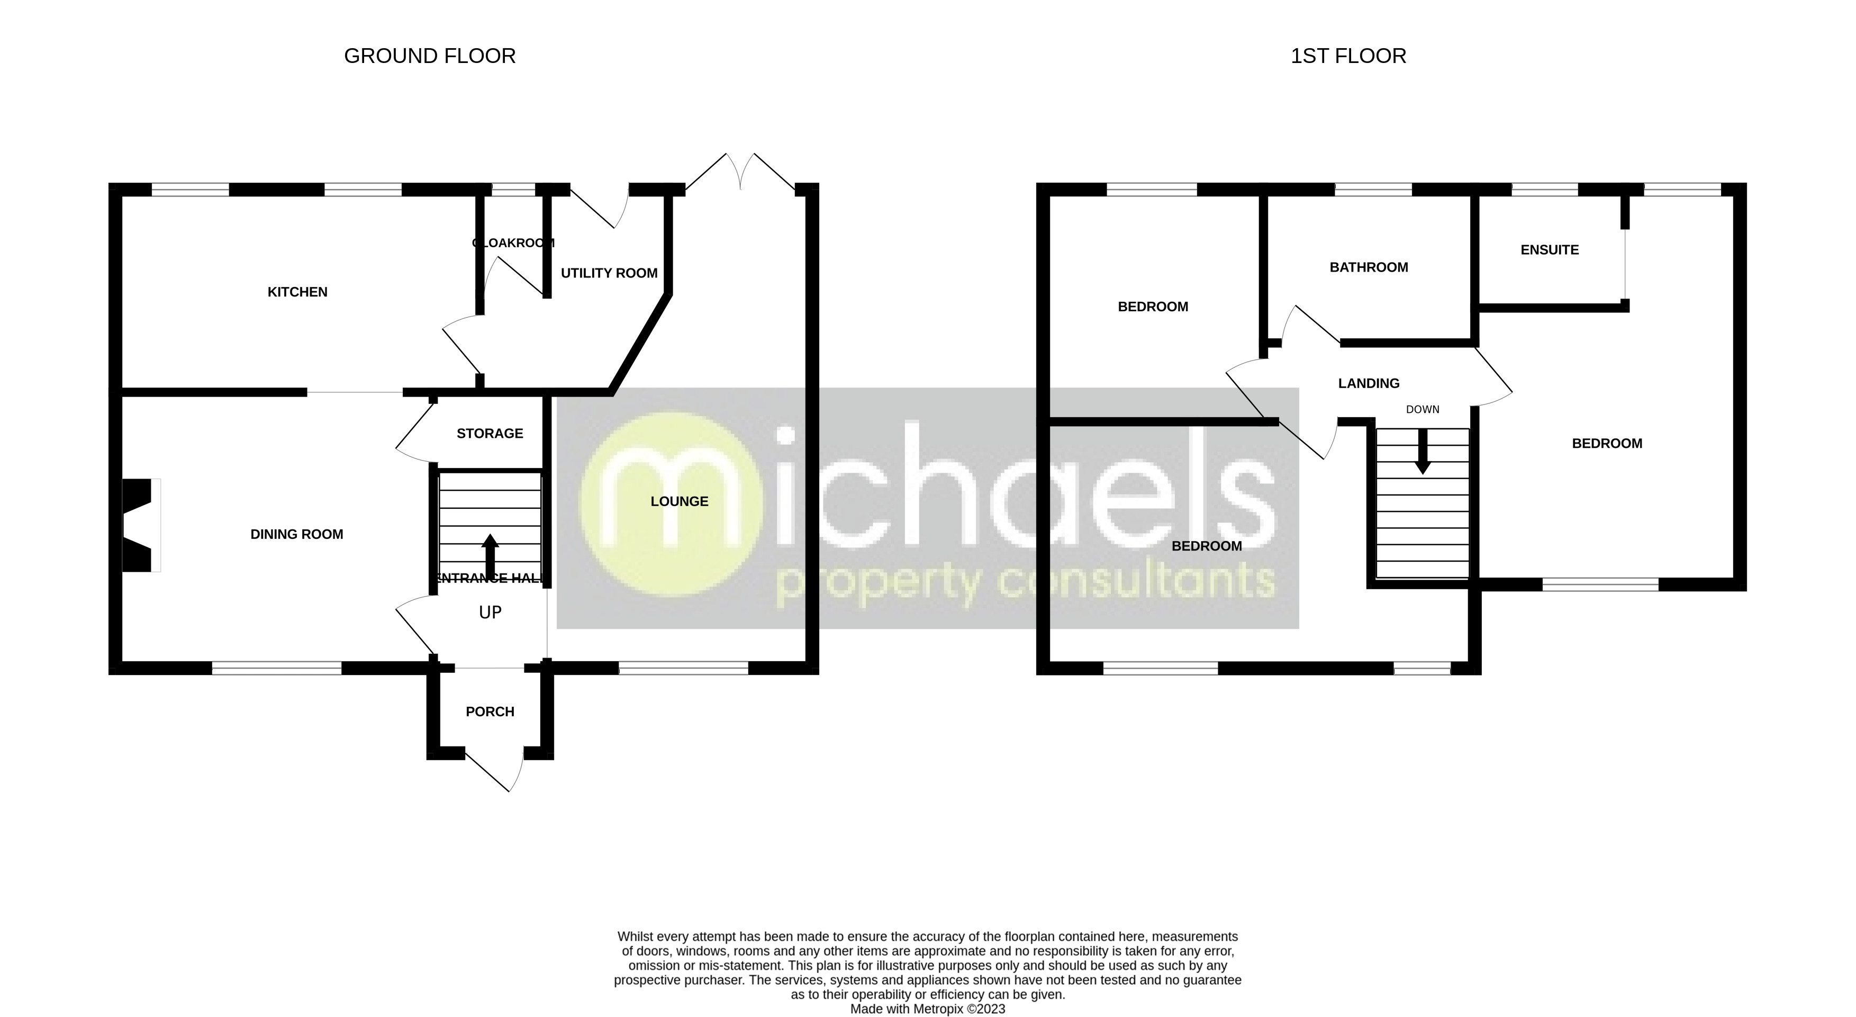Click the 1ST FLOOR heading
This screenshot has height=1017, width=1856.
coord(1348,56)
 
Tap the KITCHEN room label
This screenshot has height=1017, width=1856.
coord(297,292)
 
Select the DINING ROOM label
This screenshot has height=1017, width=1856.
coord(296,534)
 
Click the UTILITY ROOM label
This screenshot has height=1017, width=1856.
coord(609,273)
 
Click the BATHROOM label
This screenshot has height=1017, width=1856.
coord(1368,267)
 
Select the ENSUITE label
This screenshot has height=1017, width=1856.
coord(1549,250)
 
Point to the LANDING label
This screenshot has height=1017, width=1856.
coord(1368,383)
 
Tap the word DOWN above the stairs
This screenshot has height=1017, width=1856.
coord(1422,409)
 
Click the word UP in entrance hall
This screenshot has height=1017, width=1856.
coord(490,613)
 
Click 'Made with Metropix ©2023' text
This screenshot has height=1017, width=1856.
coord(927,1009)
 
